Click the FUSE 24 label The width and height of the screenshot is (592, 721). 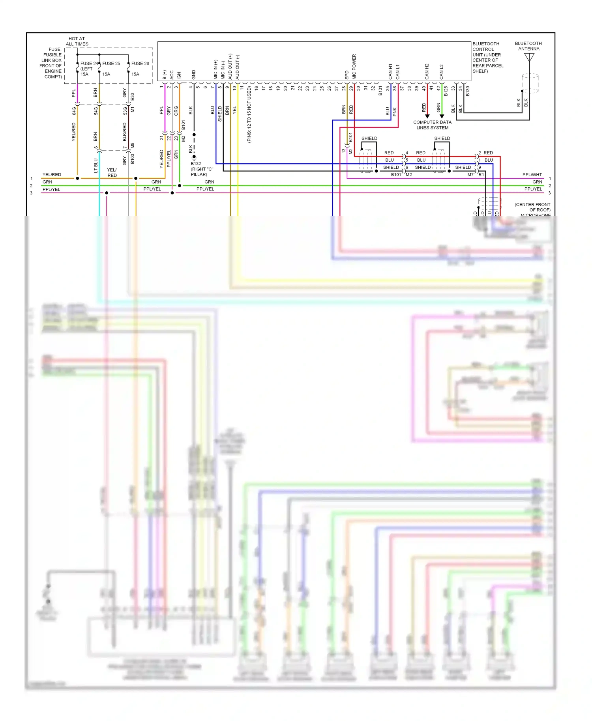89,63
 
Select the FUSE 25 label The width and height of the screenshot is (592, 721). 111,63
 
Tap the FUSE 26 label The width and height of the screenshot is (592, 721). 140,63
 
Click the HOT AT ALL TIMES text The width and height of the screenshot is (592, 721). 77,41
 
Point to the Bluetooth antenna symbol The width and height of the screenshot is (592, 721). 529,58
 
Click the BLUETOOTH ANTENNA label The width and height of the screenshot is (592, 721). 528,46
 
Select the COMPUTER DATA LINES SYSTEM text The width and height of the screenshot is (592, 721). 432,125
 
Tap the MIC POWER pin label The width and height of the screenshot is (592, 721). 354,67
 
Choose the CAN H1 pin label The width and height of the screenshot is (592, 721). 390,71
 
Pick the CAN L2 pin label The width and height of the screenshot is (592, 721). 442,72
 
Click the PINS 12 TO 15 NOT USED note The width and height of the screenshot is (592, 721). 249,115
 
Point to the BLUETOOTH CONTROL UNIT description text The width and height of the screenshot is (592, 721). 487,58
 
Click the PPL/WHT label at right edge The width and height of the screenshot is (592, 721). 532,175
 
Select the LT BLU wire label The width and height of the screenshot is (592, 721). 96,165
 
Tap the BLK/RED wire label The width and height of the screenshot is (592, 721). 125,132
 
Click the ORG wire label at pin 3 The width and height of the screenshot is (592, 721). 176,110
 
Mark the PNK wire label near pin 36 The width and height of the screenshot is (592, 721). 395,112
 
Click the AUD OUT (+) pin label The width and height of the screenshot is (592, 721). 230,67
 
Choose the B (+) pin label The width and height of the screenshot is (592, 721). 165,75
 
